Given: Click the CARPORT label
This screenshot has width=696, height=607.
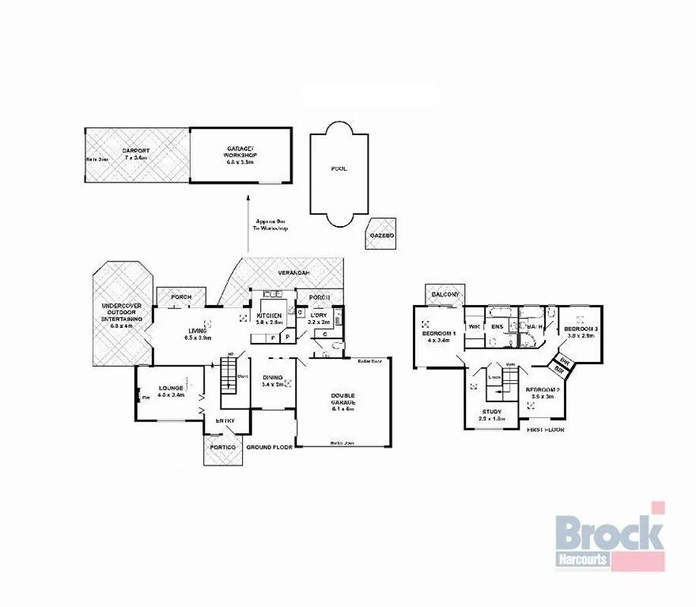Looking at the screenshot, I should pyautogui.click(x=136, y=150).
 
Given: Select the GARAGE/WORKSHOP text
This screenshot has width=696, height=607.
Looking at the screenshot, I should pyautogui.click(x=240, y=150).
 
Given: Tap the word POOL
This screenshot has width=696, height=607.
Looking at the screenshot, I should pyautogui.click(x=339, y=168).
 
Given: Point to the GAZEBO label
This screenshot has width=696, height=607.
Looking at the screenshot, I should pyautogui.click(x=381, y=235).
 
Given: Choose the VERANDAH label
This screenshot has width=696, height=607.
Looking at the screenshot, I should pyautogui.click(x=292, y=273).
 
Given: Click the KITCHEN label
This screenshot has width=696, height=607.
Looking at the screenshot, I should pyautogui.click(x=269, y=315).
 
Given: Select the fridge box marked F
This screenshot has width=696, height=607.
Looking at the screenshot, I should pyautogui.click(x=273, y=337).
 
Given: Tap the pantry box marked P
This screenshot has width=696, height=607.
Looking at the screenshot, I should pyautogui.click(x=287, y=337).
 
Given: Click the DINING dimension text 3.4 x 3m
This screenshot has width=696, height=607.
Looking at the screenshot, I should pyautogui.click(x=272, y=385).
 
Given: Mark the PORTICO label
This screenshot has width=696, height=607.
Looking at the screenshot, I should pyautogui.click(x=222, y=447).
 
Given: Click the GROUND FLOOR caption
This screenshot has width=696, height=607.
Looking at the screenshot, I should pyautogui.click(x=269, y=447).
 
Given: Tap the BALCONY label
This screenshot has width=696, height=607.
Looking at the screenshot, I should pyautogui.click(x=445, y=295).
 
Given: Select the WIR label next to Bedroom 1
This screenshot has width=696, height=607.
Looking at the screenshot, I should pyautogui.click(x=475, y=326).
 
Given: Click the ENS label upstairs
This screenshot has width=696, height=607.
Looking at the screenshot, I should pyautogui.click(x=497, y=326).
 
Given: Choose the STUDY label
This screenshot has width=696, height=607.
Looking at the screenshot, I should pyautogui.click(x=492, y=411).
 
